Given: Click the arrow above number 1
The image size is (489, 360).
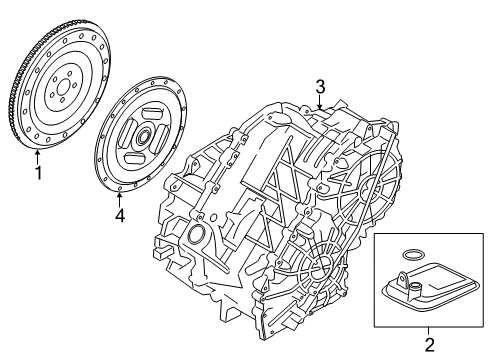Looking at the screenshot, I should click(38, 156).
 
